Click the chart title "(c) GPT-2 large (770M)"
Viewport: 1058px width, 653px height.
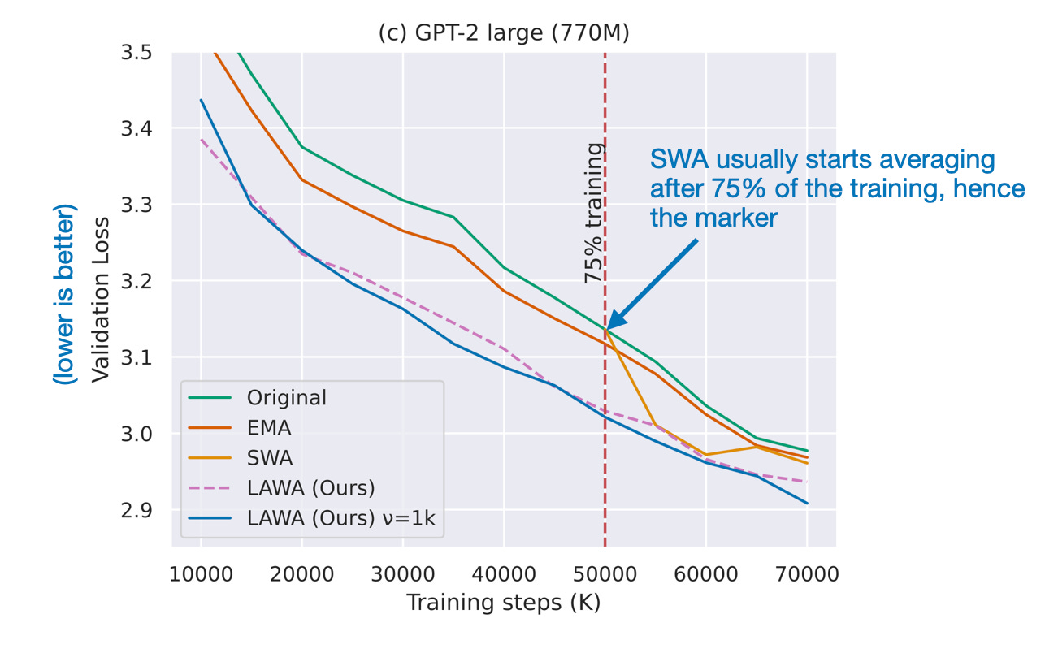(504, 35)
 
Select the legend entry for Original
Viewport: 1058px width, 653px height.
(287, 398)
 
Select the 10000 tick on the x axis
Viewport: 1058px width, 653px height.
(201, 574)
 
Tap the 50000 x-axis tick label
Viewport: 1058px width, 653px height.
(605, 574)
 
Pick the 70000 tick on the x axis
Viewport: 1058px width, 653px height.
(806, 574)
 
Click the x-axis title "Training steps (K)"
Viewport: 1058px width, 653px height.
(503, 603)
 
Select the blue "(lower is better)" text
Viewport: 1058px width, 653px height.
(67, 299)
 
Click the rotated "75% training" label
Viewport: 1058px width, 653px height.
(594, 213)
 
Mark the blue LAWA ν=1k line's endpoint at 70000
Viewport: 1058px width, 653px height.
(806, 503)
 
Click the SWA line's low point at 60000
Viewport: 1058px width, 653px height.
(705, 455)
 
